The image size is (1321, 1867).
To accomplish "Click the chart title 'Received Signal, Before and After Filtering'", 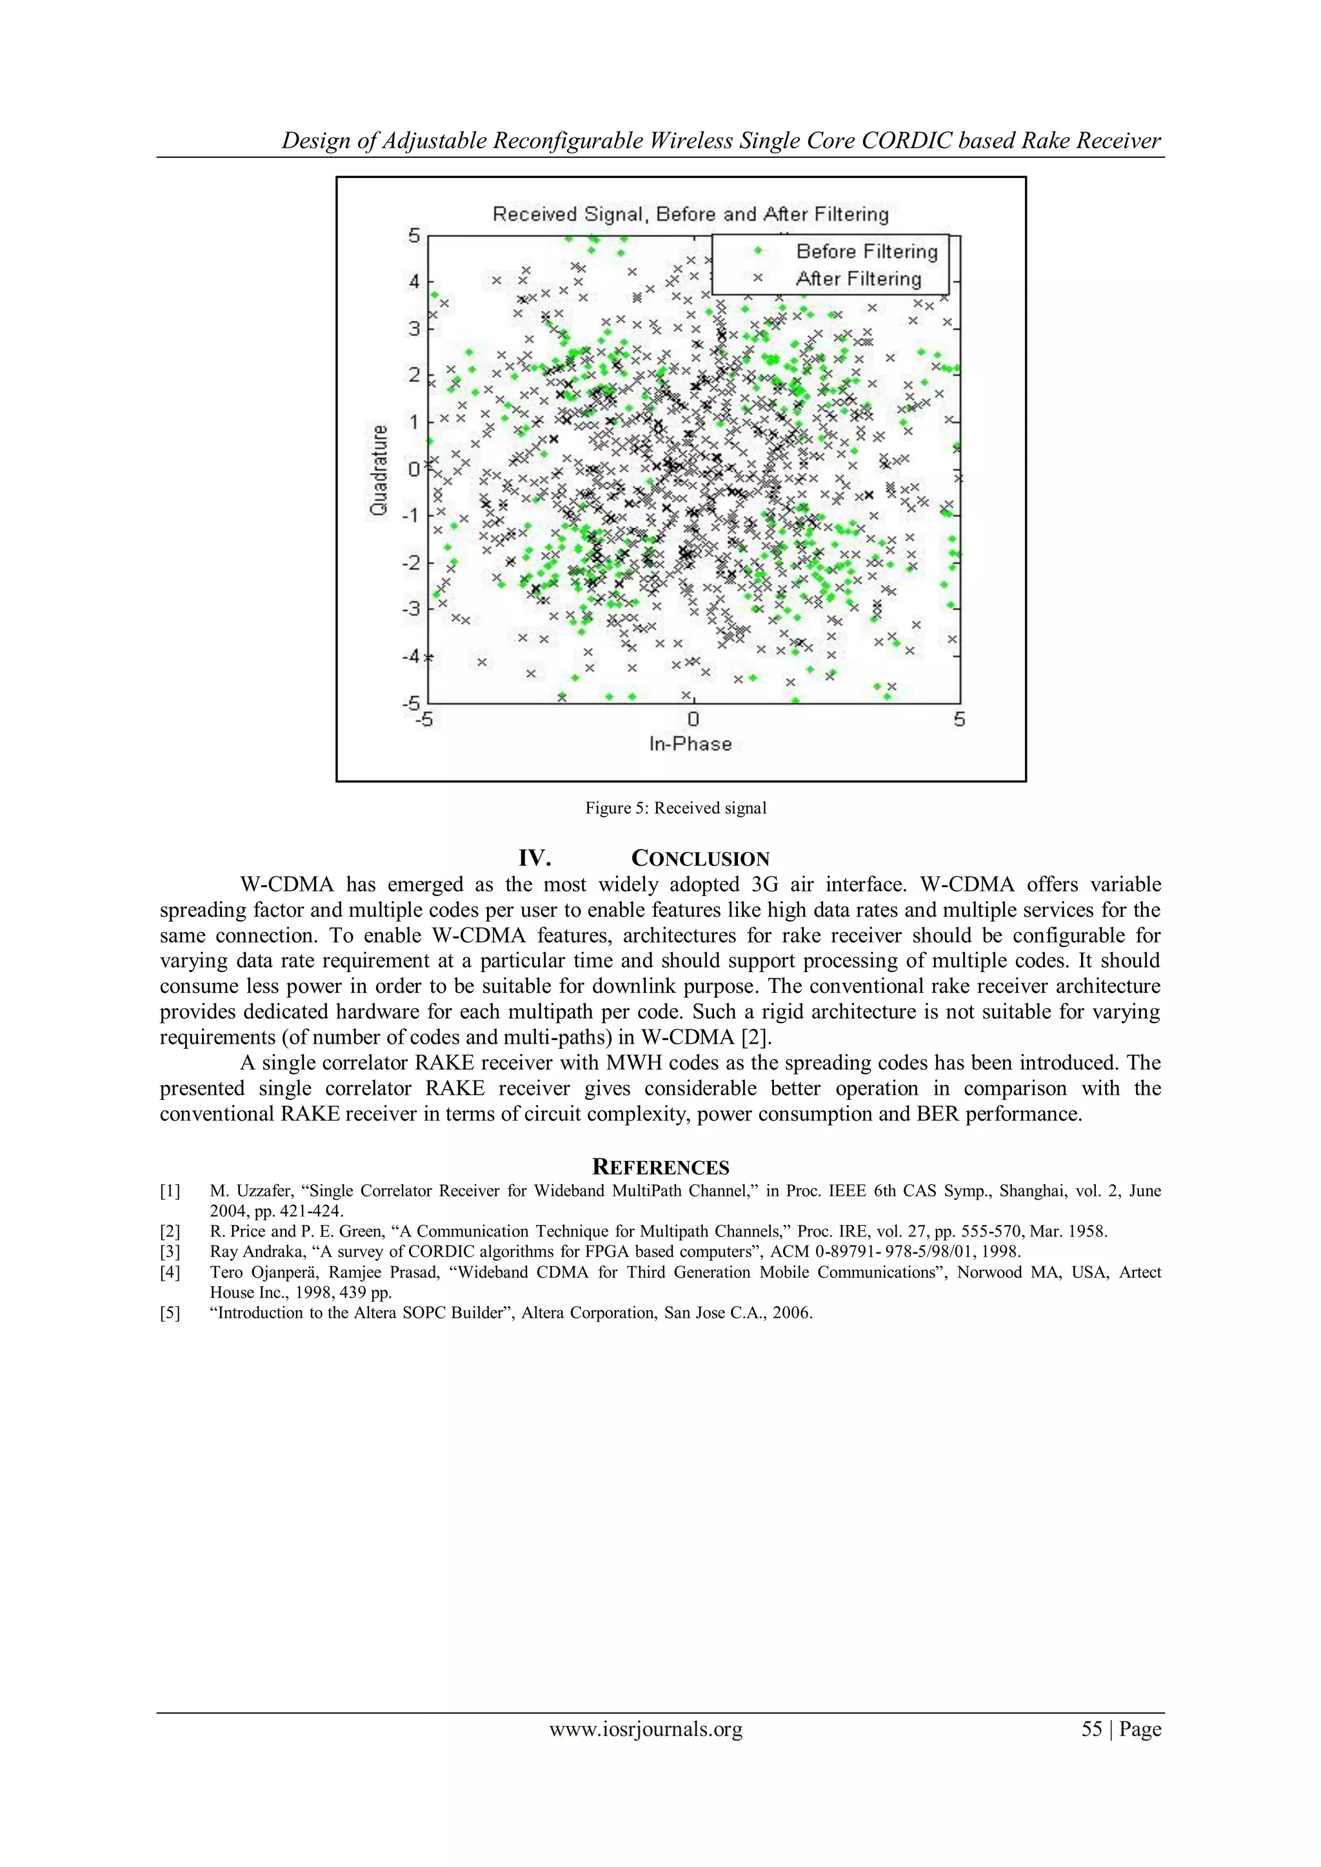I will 690,214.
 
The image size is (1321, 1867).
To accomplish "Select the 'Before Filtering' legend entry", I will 866,251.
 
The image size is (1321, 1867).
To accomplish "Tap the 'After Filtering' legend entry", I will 858,279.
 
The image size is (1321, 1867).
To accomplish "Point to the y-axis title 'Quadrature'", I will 378,470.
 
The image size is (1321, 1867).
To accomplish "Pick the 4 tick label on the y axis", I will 415,282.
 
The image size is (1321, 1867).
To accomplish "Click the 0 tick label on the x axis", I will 692,719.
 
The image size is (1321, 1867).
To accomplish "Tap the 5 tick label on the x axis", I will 959,719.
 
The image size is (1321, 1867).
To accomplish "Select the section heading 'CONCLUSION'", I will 700,859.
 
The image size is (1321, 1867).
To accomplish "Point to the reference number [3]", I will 170,1251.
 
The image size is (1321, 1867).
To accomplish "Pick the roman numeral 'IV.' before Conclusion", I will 535,859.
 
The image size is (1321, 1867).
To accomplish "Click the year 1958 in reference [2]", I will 1086,1231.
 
